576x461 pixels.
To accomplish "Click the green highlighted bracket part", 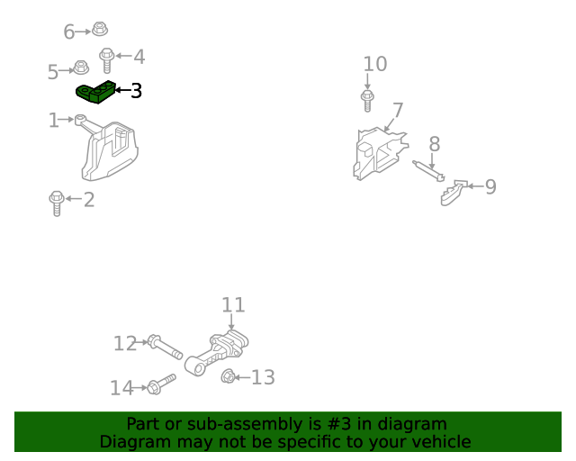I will pyautogui.click(x=94, y=92).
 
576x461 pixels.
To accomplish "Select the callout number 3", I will pyautogui.click(x=136, y=91).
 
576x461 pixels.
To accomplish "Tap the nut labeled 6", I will pyautogui.click(x=100, y=29).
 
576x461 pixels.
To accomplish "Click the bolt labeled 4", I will pyautogui.click(x=106, y=60).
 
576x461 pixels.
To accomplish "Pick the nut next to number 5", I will pyautogui.click(x=80, y=68).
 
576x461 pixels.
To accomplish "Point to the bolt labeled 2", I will pyautogui.click(x=56, y=203).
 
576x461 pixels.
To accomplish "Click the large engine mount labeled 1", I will pyautogui.click(x=111, y=150).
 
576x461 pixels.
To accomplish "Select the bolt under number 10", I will pyautogui.click(x=367, y=99).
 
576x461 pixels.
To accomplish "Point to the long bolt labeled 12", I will pyautogui.click(x=165, y=346).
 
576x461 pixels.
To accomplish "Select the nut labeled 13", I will pyautogui.click(x=229, y=376).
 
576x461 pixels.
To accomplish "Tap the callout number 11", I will pyautogui.click(x=233, y=305).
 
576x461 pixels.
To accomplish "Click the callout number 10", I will pyautogui.click(x=374, y=64).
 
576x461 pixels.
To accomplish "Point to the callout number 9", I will pyautogui.click(x=490, y=186).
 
